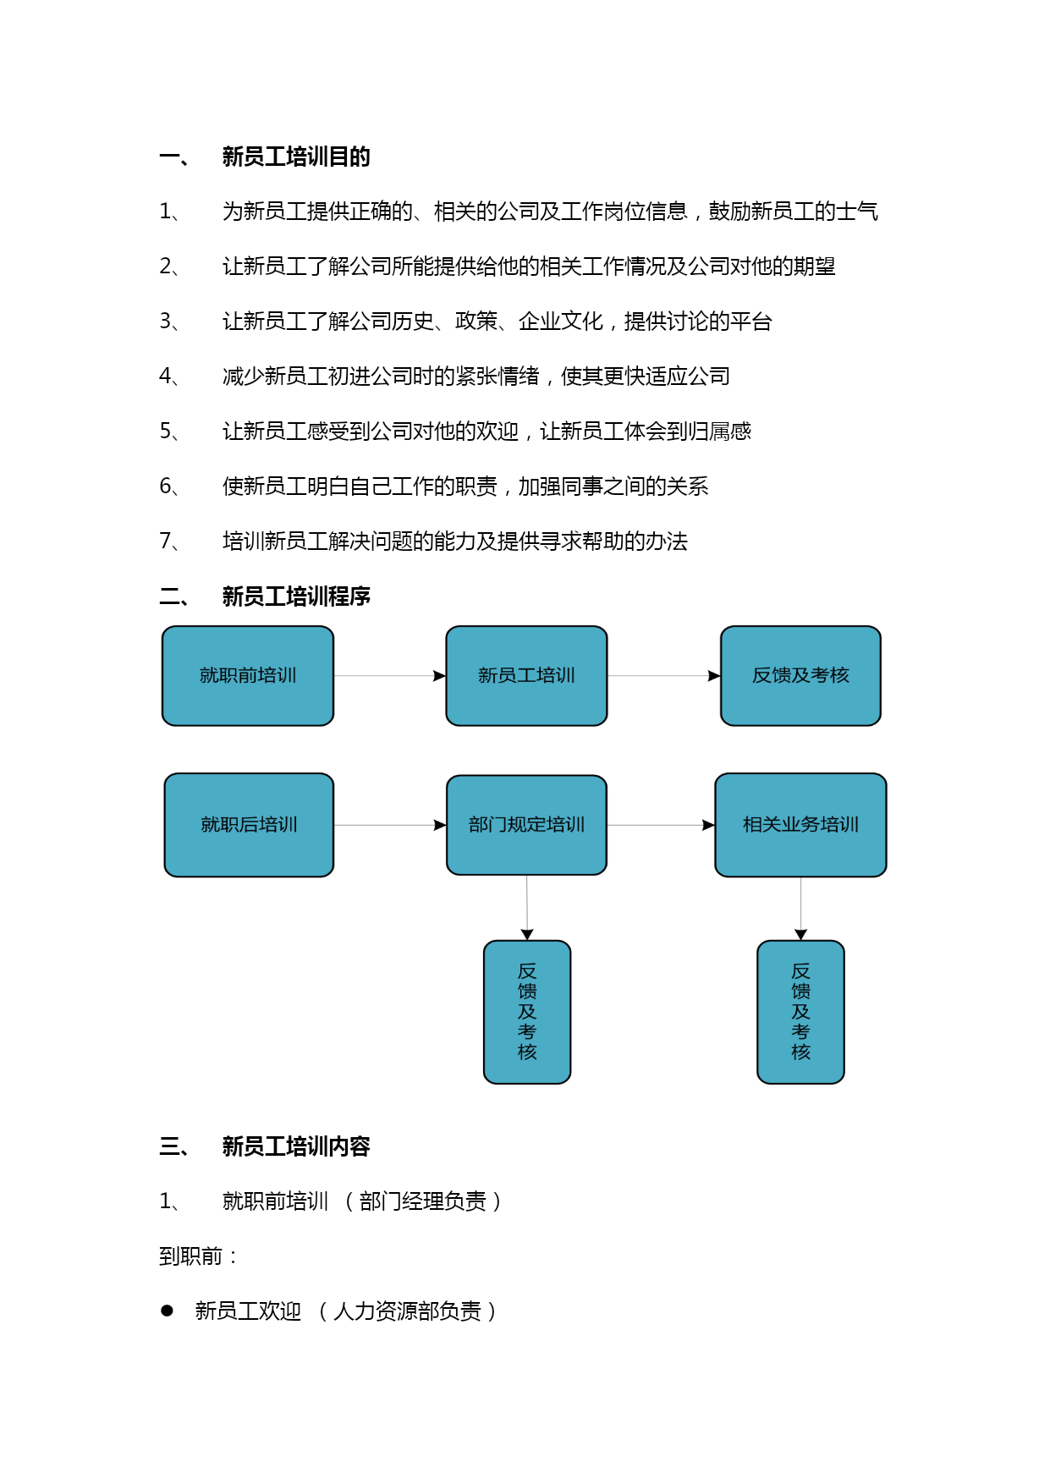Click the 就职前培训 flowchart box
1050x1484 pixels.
pos(248,676)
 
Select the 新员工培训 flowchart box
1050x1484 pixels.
pos(526,676)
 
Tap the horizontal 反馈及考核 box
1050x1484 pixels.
pos(800,676)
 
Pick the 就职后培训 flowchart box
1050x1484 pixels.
pos(249,825)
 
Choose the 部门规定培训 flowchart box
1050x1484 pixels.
pos(526,825)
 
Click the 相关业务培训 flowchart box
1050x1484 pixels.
pos(800,825)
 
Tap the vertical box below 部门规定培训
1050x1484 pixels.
pos(527,1012)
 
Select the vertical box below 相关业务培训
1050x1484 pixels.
pos(800,1012)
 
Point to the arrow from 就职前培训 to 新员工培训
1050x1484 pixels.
pos(390,676)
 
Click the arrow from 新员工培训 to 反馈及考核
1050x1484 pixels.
pos(664,676)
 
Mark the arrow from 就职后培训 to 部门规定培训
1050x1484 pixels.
pos(390,825)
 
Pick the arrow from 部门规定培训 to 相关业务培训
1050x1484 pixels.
pos(661,825)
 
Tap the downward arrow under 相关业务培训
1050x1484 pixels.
pos(800,909)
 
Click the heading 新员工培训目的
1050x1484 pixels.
pos(296,157)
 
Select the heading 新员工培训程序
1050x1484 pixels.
pos(296,596)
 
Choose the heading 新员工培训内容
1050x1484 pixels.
pos(296,1146)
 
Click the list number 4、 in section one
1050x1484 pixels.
pos(169,376)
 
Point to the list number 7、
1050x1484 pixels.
pos(169,541)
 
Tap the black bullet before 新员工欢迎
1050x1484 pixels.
pos(167,1311)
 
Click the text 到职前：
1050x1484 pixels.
pos(198,1256)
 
